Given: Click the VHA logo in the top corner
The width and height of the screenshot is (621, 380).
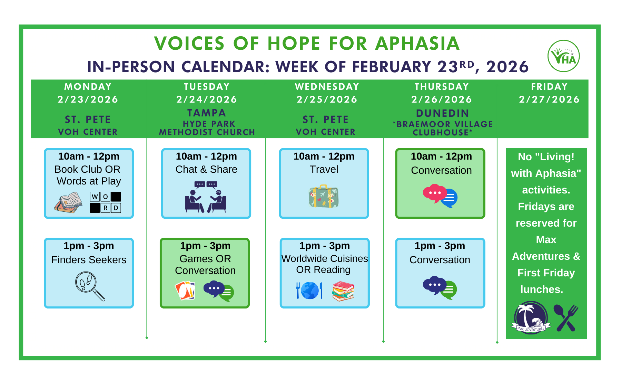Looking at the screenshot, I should tap(563, 56).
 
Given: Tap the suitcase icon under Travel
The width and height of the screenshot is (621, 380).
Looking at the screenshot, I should tap(324, 196).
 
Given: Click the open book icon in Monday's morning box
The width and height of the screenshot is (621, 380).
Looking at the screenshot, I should tap(68, 202).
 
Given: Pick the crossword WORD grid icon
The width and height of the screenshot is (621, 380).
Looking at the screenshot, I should tap(105, 202).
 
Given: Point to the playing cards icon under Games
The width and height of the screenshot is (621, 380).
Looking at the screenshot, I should tap(185, 290).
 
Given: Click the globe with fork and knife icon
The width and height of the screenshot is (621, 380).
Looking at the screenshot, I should tap(309, 290).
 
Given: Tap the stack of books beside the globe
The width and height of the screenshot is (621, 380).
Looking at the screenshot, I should tap(343, 291).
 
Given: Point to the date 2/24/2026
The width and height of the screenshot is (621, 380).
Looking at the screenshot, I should tap(207, 99).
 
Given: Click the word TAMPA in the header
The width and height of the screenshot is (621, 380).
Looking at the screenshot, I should tap(207, 113).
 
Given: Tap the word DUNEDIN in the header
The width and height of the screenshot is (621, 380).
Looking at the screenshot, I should tap(443, 113).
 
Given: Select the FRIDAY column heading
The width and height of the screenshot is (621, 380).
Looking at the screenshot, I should tap(549, 87).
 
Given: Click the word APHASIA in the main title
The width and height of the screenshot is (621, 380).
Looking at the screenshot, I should tap(417, 44).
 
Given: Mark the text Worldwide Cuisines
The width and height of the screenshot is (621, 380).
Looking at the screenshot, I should tap(324, 258).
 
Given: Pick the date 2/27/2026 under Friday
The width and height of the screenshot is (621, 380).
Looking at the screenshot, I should tap(549, 99).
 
